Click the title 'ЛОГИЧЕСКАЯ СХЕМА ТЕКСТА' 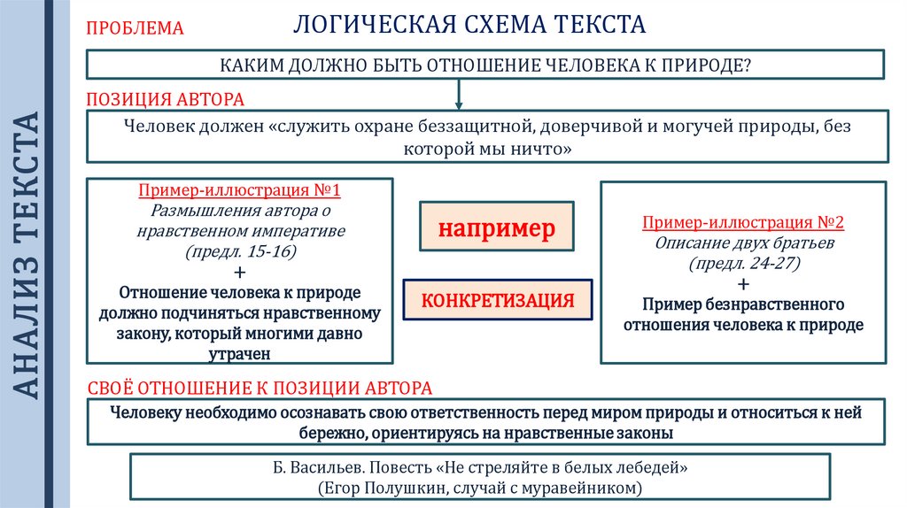click(469, 24)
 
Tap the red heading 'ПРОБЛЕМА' click(134, 28)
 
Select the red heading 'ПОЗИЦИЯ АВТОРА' click(165, 99)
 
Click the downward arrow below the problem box click(459, 93)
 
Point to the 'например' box click(496, 228)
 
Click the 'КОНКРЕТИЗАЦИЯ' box click(498, 301)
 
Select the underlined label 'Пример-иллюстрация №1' click(239, 191)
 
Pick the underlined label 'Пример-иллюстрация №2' click(742, 222)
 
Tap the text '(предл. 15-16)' click(240, 252)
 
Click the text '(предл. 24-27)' click(742, 263)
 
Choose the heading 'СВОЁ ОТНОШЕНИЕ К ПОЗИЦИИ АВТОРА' click(260, 388)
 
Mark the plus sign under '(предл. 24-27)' click(742, 284)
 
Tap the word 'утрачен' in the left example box click(240, 354)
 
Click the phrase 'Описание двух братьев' click(742, 242)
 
